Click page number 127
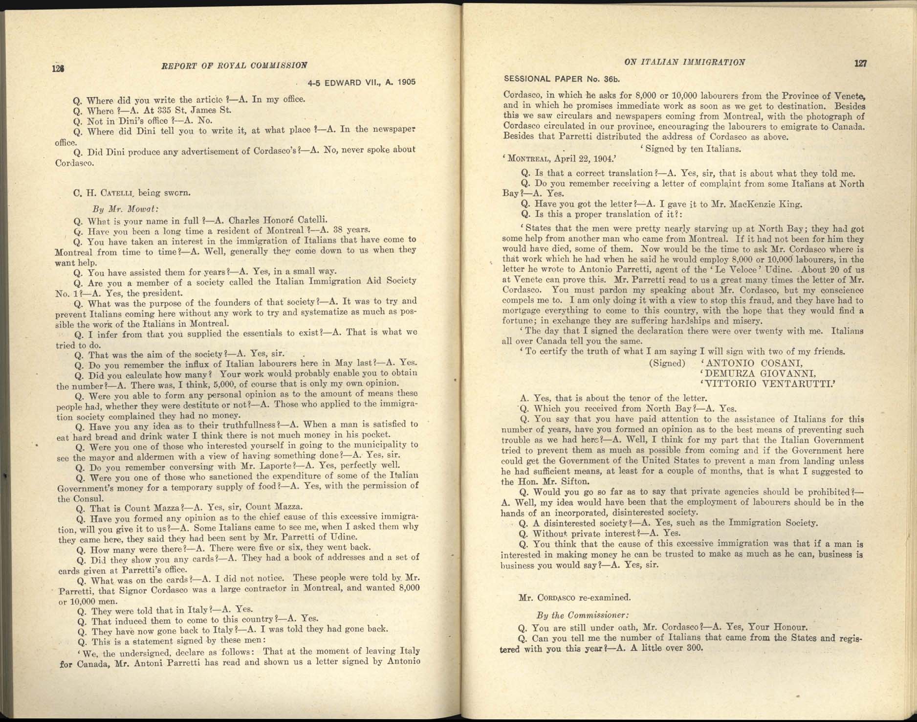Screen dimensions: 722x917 click(x=860, y=63)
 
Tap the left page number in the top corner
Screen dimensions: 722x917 click(x=59, y=68)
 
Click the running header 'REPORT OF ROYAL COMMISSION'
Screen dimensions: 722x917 click(x=234, y=66)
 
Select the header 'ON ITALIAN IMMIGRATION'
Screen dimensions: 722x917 click(x=684, y=62)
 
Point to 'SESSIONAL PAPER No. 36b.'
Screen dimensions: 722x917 click(x=562, y=79)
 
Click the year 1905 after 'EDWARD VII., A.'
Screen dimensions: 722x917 click(x=406, y=82)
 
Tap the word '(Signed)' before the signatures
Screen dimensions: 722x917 click(x=667, y=363)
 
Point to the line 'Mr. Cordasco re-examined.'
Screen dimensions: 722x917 click(x=574, y=597)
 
